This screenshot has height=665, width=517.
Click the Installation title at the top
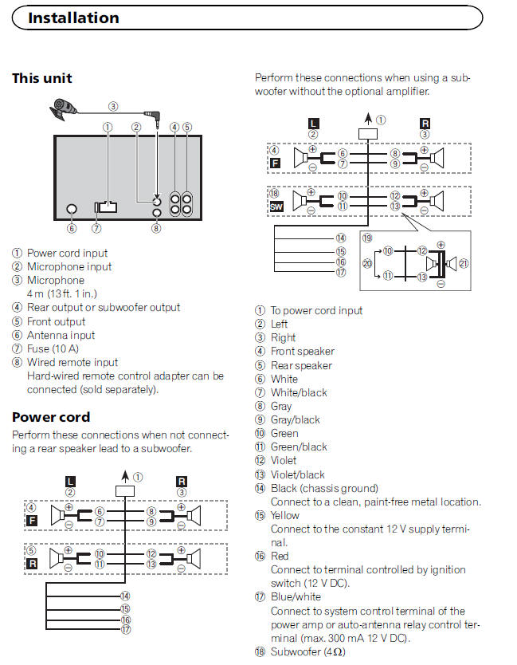click(73, 18)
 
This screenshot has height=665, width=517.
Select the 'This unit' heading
click(42, 78)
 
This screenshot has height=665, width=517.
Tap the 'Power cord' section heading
click(51, 417)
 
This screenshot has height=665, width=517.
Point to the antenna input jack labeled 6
click(71, 209)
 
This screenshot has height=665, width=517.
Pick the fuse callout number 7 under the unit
click(96, 228)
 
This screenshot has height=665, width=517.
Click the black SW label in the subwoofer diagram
click(276, 207)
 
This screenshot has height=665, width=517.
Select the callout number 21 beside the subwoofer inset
click(464, 263)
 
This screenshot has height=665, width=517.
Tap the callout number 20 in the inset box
click(367, 263)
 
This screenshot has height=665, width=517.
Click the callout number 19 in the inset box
click(367, 238)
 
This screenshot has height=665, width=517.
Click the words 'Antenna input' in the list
click(61, 336)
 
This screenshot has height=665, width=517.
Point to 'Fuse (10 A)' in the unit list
click(55, 349)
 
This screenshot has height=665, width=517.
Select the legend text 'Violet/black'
click(298, 474)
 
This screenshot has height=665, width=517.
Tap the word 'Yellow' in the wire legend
click(286, 515)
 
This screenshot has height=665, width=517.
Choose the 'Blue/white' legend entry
click(296, 596)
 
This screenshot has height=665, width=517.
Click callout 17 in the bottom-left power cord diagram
click(124, 630)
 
